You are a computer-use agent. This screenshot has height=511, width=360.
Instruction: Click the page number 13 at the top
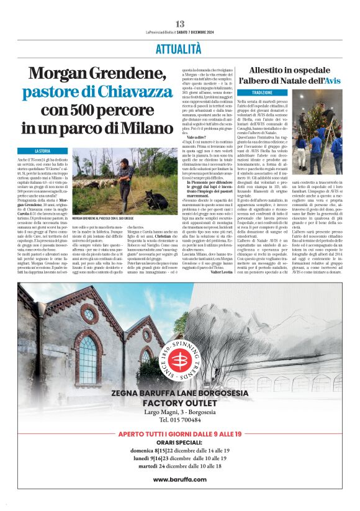point(180,24)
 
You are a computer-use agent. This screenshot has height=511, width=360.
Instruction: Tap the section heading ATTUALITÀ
point(180,49)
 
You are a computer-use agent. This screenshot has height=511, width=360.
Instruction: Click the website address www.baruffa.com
point(179,479)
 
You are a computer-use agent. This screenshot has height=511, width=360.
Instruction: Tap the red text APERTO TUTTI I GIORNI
point(179,433)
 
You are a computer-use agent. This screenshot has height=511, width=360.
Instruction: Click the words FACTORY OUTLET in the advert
point(179,402)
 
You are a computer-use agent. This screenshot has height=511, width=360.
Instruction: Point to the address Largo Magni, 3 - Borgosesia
point(179,412)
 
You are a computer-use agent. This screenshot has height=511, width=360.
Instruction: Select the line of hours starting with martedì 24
point(179,465)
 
